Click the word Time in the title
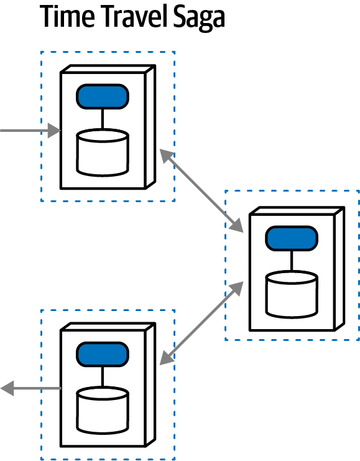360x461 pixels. point(65,17)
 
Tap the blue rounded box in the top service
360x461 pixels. point(103,96)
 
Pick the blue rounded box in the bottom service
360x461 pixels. point(103,354)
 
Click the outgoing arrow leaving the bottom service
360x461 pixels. point(31,389)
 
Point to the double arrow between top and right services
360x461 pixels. point(201,189)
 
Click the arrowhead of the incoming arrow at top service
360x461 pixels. point(55,131)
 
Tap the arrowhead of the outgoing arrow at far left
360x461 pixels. point(7,389)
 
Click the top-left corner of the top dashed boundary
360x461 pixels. point(41,52)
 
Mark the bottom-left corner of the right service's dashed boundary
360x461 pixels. point(225,340)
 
